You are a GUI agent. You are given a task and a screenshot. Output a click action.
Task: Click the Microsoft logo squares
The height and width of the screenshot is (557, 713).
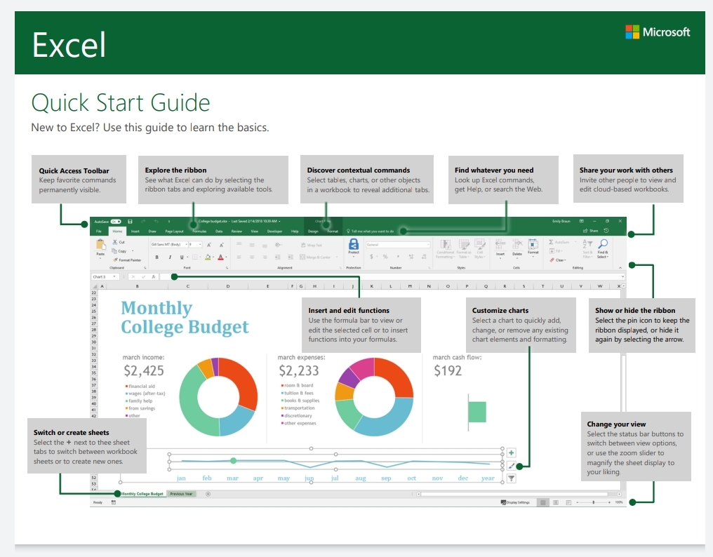(632, 32)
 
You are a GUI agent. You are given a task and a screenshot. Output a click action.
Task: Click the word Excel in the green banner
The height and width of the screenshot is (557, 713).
(69, 45)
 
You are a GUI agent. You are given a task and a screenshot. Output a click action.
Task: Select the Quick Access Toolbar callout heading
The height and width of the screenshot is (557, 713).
(74, 170)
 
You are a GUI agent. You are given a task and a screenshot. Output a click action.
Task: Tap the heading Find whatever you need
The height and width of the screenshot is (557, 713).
(494, 170)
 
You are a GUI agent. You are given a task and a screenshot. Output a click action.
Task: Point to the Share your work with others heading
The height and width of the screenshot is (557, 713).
(626, 170)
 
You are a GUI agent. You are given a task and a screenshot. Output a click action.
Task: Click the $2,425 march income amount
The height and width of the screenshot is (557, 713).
(144, 370)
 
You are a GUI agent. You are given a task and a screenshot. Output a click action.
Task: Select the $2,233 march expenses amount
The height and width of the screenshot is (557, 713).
(299, 370)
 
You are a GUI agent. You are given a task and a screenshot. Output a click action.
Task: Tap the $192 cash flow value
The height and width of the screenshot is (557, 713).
(448, 370)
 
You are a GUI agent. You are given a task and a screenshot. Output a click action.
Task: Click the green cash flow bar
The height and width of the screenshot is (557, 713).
(477, 411)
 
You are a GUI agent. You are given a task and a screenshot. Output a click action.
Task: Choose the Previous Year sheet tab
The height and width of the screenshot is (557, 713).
(181, 494)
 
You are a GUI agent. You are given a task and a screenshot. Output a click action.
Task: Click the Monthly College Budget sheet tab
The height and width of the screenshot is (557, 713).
(142, 494)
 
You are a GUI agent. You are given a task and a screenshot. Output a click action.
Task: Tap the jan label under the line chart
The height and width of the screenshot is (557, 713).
(181, 478)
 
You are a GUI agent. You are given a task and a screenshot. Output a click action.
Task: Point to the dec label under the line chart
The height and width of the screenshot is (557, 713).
(462, 478)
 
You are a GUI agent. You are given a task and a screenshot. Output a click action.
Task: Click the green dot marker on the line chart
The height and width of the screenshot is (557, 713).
(233, 461)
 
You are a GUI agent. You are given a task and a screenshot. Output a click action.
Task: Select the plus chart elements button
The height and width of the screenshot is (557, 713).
(511, 453)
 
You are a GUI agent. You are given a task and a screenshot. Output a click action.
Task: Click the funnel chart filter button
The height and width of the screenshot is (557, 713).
(511, 478)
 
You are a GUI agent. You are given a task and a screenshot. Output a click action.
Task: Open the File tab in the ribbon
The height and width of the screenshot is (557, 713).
(99, 231)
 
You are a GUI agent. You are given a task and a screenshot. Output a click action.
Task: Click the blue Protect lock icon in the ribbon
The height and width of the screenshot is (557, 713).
(354, 244)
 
